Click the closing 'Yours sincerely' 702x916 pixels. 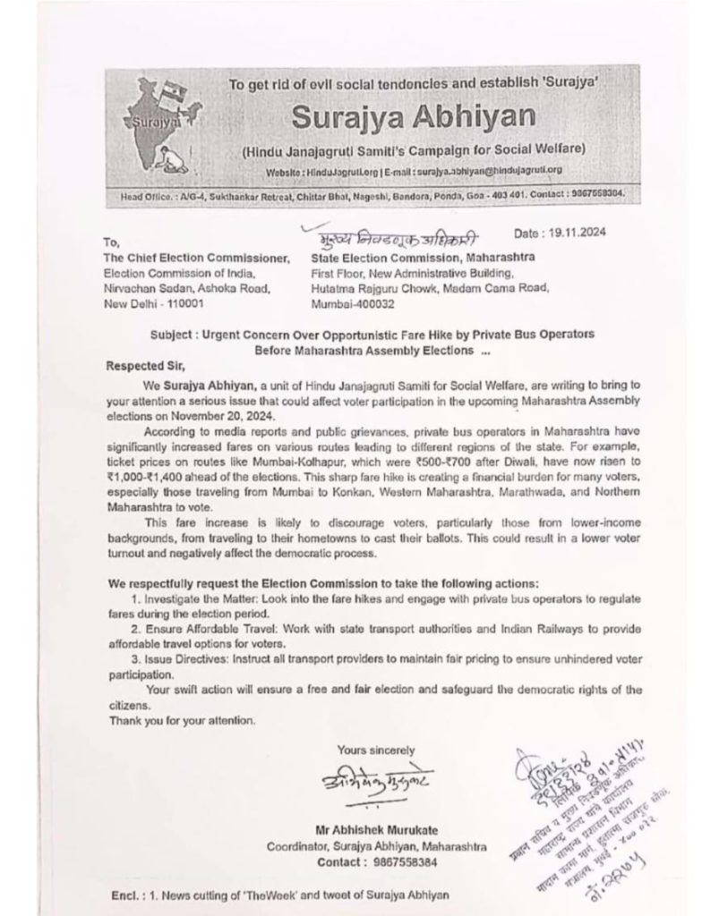click(376, 750)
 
